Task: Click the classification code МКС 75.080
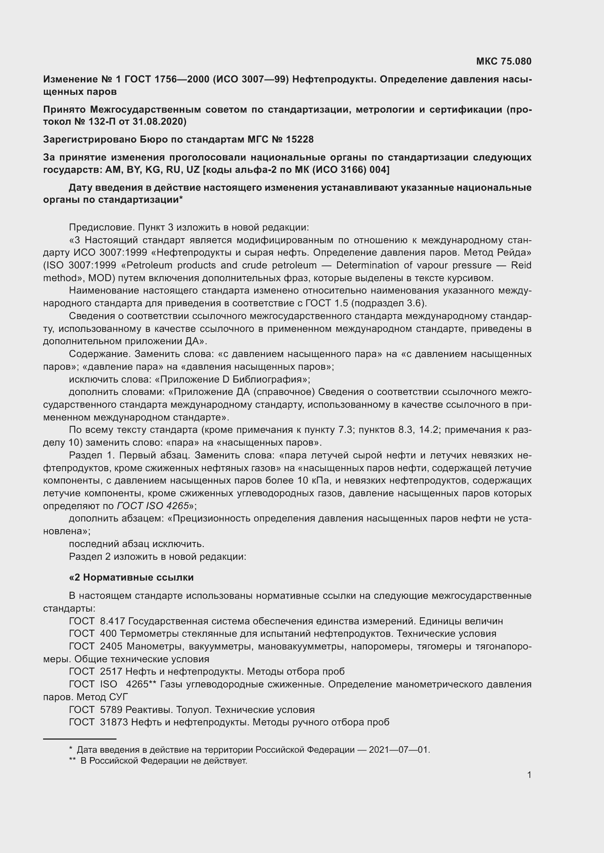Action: click(x=504, y=61)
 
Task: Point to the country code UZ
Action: click(x=193, y=170)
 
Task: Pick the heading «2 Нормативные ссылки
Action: click(x=131, y=577)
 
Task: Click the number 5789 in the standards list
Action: click(x=111, y=710)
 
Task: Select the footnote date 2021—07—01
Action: click(x=399, y=750)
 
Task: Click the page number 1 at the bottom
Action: click(x=529, y=775)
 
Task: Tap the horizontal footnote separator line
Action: click(x=80, y=739)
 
